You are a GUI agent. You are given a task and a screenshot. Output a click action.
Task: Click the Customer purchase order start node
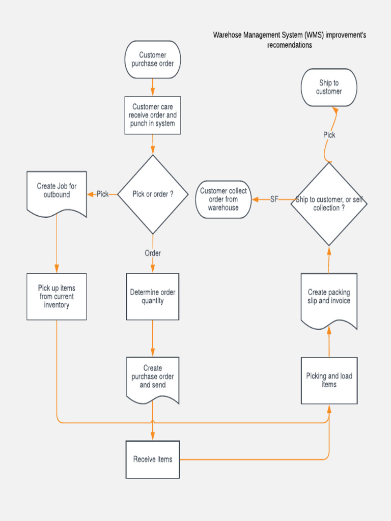point(153,60)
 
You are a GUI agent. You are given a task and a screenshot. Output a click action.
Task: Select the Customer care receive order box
point(153,115)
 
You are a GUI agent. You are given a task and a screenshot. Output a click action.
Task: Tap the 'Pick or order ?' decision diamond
point(153,194)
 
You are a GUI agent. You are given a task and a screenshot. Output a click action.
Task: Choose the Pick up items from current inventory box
point(57,297)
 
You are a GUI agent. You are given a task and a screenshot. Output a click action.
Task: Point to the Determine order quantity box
point(153,297)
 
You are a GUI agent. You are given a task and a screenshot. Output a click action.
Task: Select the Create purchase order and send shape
point(153,378)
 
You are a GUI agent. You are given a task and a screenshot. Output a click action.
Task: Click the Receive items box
point(153,459)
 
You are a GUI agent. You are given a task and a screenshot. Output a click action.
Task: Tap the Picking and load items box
point(329,380)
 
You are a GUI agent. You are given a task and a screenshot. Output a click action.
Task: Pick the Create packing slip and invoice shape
point(329,298)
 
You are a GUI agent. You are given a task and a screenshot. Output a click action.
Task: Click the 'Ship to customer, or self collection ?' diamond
point(329,204)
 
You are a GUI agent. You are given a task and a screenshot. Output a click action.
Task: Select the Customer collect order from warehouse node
point(224,199)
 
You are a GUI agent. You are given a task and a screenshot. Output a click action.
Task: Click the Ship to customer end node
point(329,88)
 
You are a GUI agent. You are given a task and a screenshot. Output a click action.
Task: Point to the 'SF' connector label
point(274,199)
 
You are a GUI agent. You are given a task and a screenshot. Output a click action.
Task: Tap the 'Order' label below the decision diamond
point(153,253)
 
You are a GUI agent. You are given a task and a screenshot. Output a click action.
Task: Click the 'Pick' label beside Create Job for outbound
point(103,194)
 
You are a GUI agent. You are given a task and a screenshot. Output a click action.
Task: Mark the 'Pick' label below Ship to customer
point(329,135)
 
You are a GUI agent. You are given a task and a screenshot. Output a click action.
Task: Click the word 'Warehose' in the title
point(229,35)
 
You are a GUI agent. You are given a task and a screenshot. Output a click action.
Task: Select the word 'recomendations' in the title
point(290,45)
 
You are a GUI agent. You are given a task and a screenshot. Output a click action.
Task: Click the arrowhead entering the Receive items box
point(153,437)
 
